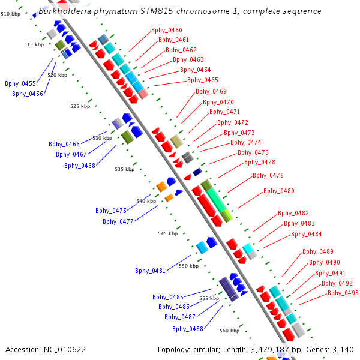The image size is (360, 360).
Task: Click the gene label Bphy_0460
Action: click(167, 30)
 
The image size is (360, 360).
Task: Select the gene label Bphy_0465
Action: click(203, 80)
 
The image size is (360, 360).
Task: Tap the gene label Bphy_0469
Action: click(211, 91)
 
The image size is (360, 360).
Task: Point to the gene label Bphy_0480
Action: click(279, 191)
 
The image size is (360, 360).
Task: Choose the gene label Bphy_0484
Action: click(306, 234)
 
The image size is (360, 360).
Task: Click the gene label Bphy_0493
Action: click(343, 293)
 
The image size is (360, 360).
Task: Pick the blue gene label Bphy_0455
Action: click(20, 83)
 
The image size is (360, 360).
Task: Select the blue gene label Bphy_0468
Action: click(80, 166)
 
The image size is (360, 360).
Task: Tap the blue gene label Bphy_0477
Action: click(118, 221)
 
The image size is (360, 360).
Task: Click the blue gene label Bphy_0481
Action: click(151, 271)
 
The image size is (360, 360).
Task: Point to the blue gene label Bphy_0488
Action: click(188, 329)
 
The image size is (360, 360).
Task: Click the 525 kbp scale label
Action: click(80, 106)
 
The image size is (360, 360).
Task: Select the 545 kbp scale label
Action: click(167, 233)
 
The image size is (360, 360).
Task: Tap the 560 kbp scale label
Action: click(229, 331)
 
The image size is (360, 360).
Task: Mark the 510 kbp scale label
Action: click(10, 13)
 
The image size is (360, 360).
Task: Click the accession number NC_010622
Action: click(65, 350)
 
